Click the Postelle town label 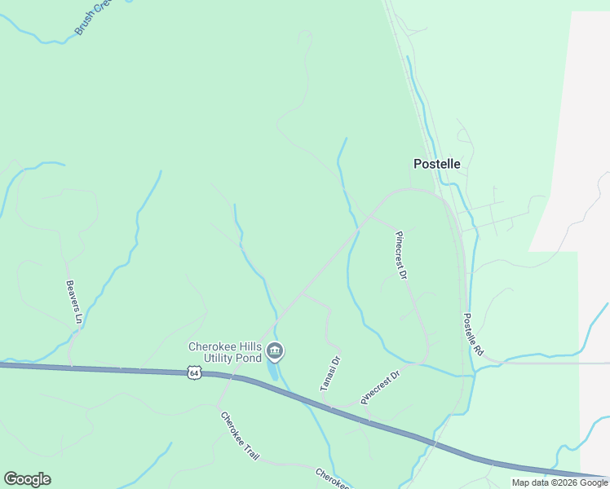[436, 164]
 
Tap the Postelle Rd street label [474, 335]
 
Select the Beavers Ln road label [73, 302]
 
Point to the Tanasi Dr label [329, 374]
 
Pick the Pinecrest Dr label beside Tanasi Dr [380, 387]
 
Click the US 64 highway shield [192, 373]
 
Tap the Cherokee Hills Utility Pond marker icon [275, 352]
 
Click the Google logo [27, 479]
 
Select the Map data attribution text [559, 483]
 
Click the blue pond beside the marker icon [272, 370]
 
